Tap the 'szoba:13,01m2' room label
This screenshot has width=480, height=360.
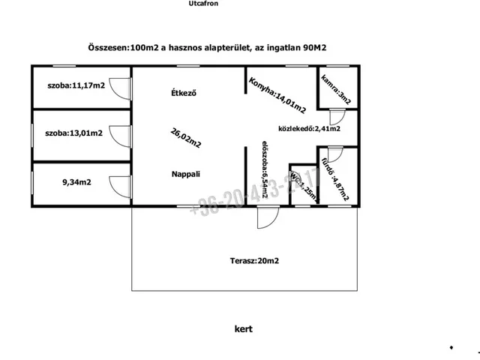(x=73, y=133)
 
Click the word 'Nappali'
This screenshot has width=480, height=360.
(x=185, y=174)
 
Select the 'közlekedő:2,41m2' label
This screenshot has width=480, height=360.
(x=310, y=128)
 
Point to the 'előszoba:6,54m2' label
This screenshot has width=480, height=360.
(x=265, y=171)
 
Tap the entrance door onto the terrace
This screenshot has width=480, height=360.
(x=265, y=217)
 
